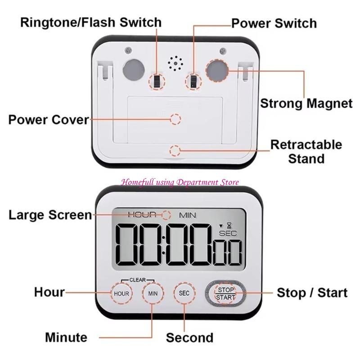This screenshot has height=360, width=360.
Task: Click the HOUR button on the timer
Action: tap(121, 293)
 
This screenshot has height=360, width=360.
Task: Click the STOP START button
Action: tap(225, 293)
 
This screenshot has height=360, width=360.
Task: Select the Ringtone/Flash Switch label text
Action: tap(90, 22)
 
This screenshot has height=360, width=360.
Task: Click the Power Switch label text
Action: tap(274, 23)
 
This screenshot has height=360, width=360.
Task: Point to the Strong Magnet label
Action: tap(306, 103)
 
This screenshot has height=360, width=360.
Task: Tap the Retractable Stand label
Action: tap(306, 152)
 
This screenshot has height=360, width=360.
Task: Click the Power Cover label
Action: tap(49, 120)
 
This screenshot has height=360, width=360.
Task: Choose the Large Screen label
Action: tap(50, 215)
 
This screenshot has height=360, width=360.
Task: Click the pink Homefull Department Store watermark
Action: tap(180, 182)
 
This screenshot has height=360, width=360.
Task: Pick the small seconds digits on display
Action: tap(228, 252)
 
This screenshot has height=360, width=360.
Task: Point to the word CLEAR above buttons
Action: tap(137, 279)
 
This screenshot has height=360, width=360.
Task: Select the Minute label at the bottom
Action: tap(66, 337)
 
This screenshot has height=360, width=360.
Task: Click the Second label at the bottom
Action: tap(189, 337)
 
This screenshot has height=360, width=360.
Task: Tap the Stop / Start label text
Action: tap(312, 293)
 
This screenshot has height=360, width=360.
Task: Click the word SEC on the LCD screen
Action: tap(227, 233)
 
